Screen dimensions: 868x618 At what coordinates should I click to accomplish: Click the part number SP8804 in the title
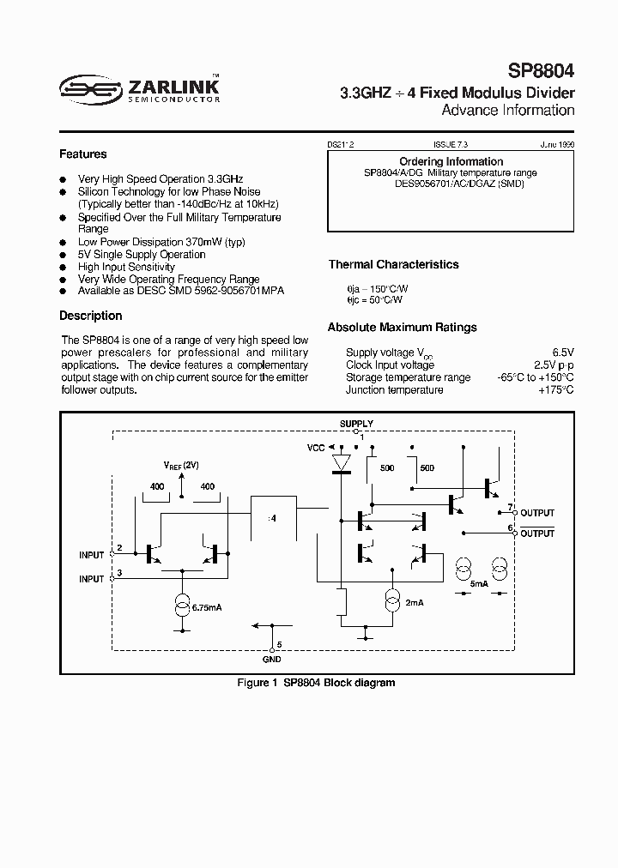click(x=541, y=72)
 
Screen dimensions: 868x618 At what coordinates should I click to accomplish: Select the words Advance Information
click(x=507, y=111)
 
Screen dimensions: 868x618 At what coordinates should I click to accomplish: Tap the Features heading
click(x=82, y=154)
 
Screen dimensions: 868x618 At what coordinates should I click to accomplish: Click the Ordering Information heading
click(x=451, y=161)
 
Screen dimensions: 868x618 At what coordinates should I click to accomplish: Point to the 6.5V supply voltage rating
click(x=562, y=353)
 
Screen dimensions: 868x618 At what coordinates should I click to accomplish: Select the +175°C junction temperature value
click(x=556, y=390)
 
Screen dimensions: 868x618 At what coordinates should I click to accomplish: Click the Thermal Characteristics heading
click(x=393, y=265)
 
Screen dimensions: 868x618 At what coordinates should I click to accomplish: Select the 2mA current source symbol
click(x=393, y=600)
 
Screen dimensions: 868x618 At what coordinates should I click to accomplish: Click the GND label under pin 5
click(x=271, y=660)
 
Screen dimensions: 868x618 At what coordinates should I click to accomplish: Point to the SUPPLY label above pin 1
click(x=357, y=424)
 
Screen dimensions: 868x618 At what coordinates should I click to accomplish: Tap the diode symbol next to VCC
click(x=342, y=464)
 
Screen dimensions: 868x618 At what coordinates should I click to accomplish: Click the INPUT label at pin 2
click(x=91, y=555)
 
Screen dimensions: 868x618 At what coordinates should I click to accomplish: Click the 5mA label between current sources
click(x=479, y=583)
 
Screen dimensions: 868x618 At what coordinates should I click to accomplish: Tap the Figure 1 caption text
click(x=315, y=683)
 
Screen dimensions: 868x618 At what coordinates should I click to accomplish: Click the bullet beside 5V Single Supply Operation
click(x=63, y=255)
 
